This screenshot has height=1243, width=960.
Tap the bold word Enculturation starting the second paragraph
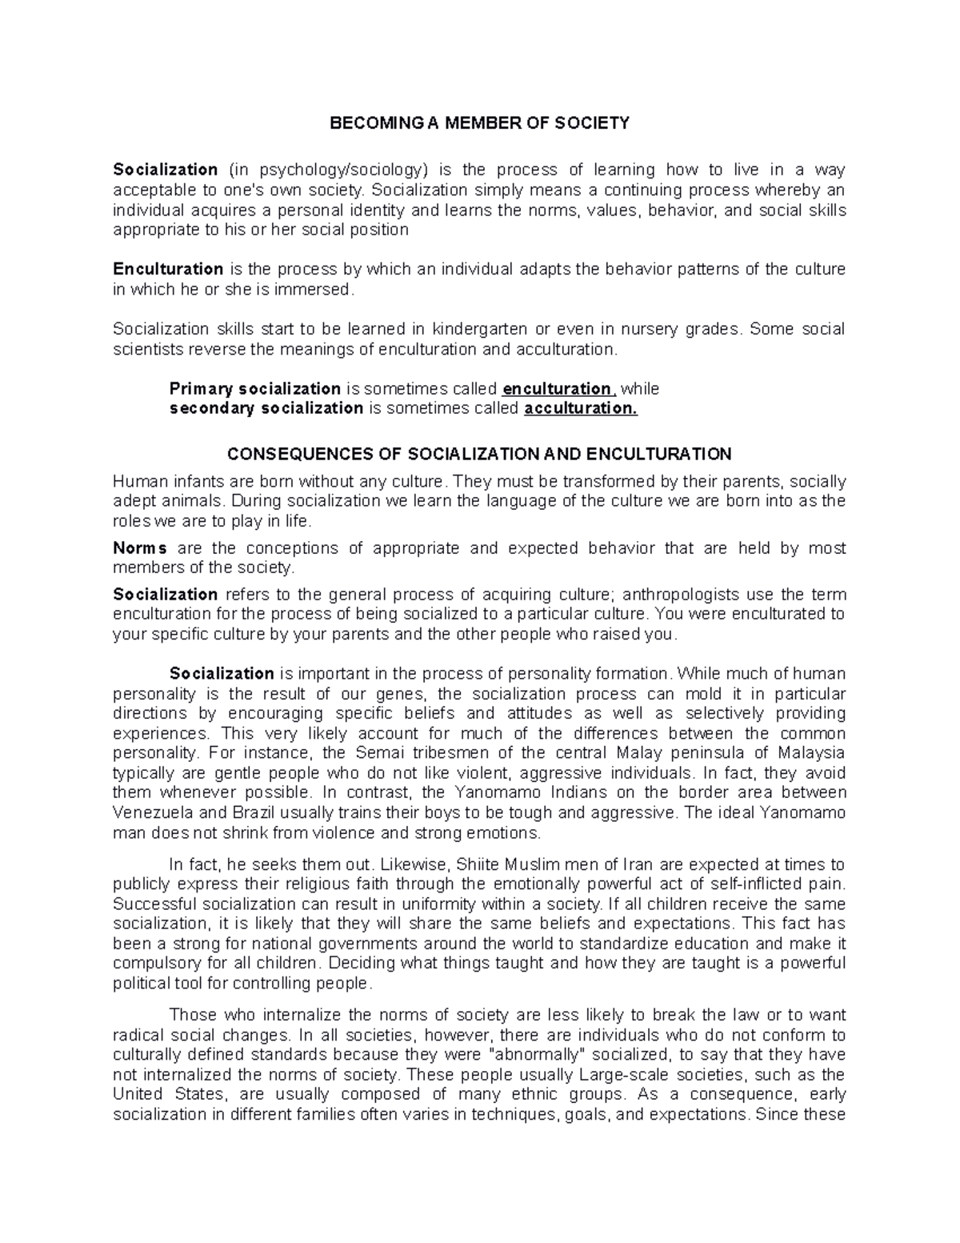[168, 269]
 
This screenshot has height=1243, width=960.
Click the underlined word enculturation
[557, 389]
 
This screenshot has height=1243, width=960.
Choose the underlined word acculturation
[580, 408]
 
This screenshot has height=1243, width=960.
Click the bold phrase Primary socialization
[255, 389]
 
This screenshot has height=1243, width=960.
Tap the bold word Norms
[140, 548]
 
